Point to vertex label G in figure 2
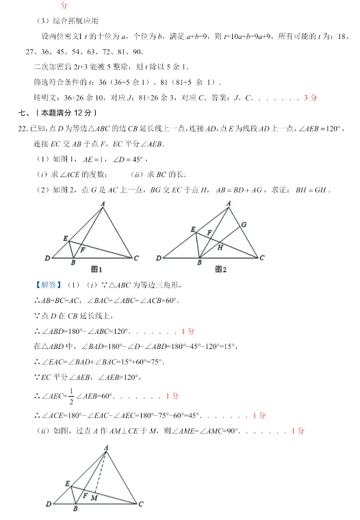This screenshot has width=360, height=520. (243, 224)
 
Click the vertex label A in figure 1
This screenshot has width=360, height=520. (103, 203)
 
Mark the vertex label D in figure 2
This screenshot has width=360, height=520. (159, 259)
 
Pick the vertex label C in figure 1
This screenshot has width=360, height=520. (137, 259)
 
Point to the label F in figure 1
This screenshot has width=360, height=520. (82, 250)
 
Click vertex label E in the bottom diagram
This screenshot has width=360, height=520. (67, 484)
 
